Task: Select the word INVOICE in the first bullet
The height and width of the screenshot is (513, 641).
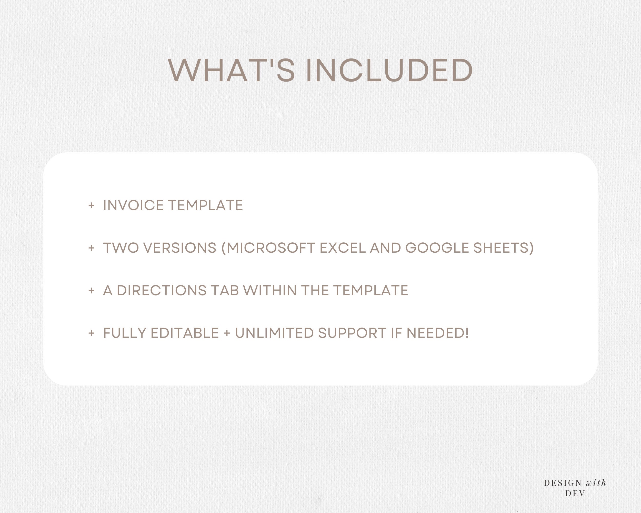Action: tap(134, 205)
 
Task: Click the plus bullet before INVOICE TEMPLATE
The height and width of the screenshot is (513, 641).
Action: tap(92, 205)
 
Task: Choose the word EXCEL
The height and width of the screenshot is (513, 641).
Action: tap(343, 248)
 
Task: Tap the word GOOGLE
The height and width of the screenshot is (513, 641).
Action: tap(437, 248)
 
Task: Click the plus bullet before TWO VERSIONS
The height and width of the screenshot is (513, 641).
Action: tap(92, 248)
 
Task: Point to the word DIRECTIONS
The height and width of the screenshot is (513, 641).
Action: tap(162, 290)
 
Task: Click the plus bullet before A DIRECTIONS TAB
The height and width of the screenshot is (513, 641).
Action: tap(92, 290)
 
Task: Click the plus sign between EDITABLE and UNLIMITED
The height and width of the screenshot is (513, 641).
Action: tap(227, 333)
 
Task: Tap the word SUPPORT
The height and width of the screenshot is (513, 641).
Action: tap(352, 333)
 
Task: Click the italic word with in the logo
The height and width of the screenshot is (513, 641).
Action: tap(596, 483)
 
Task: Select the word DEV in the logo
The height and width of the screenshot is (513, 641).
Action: tap(575, 493)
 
